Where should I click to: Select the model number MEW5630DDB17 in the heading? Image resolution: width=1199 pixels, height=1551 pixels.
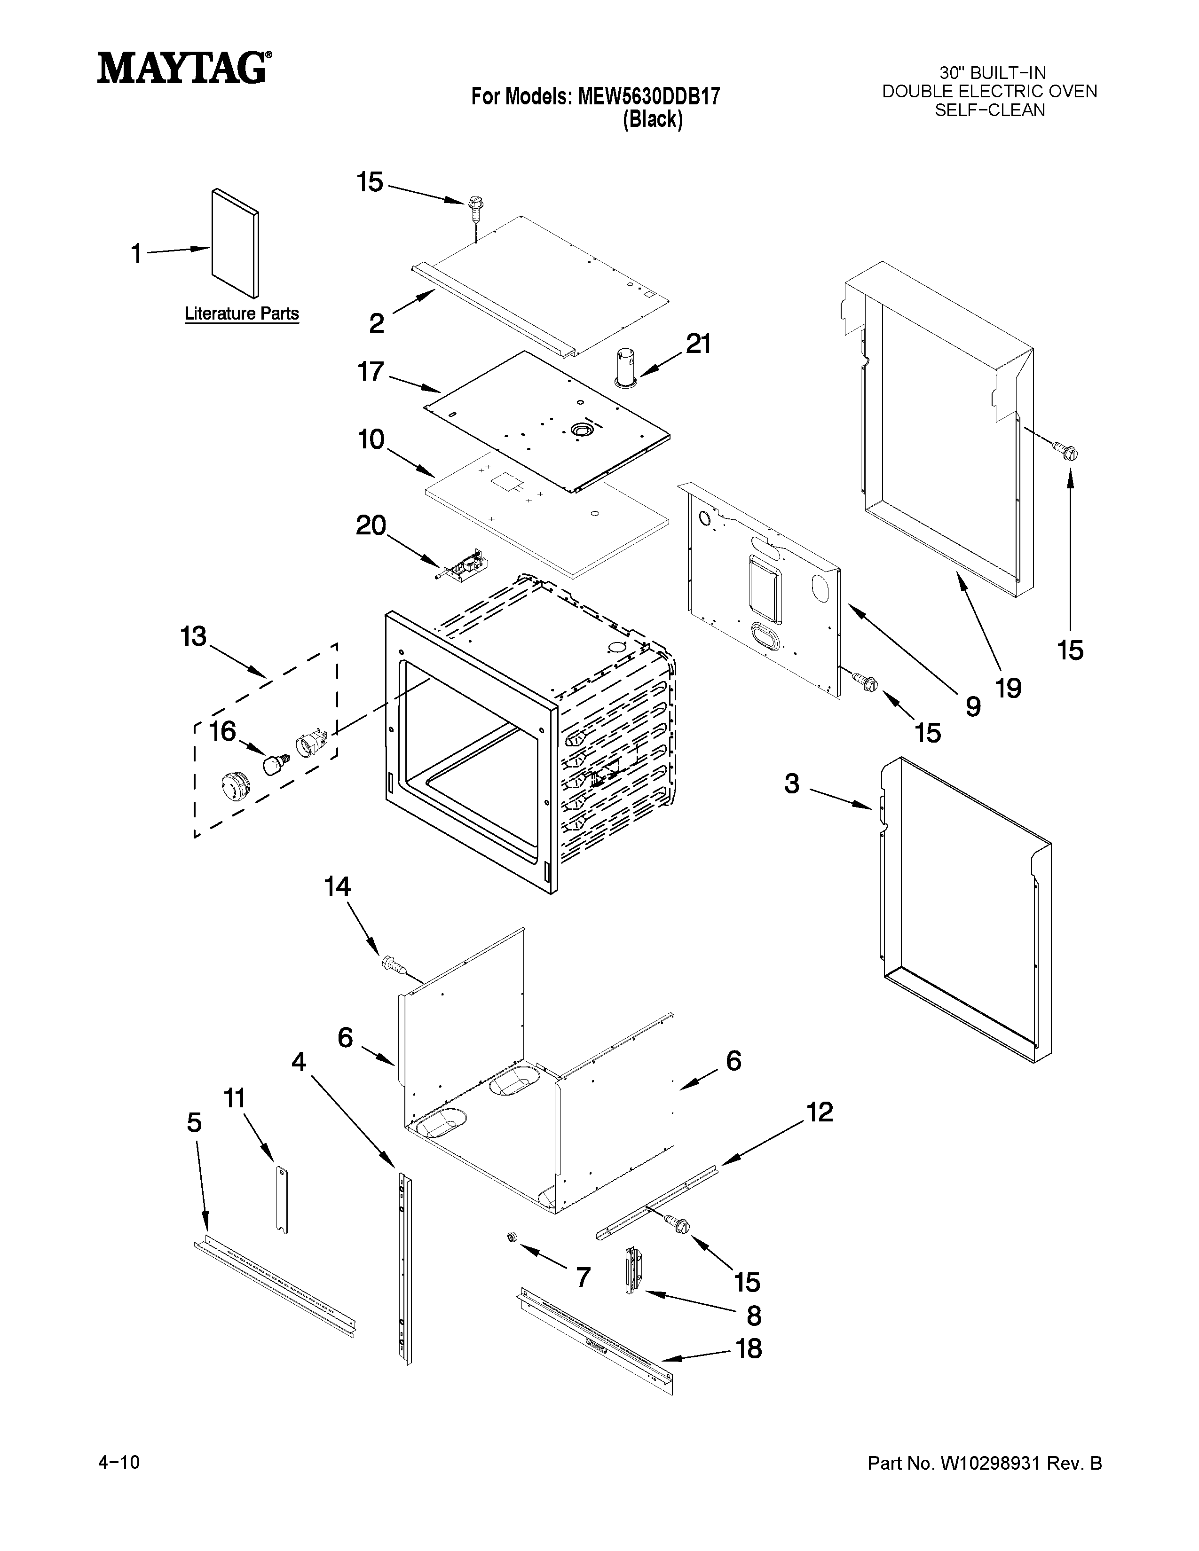(648, 96)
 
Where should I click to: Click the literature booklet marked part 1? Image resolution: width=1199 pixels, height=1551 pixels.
(235, 243)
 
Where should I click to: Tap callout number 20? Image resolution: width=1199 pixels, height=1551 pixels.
(370, 525)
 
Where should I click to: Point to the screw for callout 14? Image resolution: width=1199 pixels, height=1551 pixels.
(392, 963)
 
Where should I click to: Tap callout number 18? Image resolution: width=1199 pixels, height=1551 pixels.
(749, 1347)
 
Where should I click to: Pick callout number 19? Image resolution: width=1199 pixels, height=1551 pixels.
(1009, 688)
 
